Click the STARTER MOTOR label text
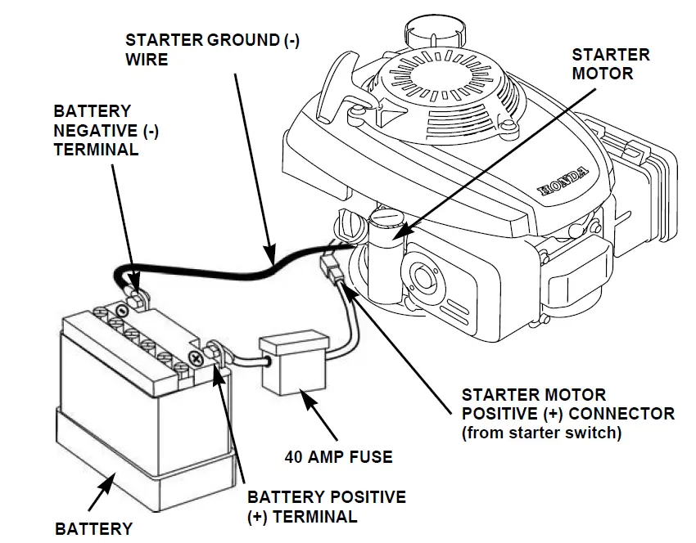(610, 64)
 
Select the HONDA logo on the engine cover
(563, 183)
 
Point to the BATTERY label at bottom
(93, 528)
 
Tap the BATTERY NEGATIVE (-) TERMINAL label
(95, 130)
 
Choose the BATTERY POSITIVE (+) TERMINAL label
(326, 506)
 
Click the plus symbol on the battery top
(195, 357)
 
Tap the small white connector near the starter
(331, 268)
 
